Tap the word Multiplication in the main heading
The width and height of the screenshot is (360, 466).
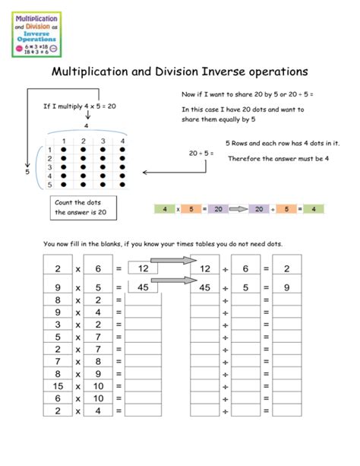[x=93, y=72]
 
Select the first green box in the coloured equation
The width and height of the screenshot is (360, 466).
[x=163, y=208]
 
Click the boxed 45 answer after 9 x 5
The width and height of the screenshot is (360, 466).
[x=143, y=287]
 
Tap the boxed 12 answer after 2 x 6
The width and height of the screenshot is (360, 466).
[x=143, y=268]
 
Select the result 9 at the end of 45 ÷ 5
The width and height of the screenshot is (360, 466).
[x=286, y=287]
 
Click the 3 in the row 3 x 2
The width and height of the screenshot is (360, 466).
[x=58, y=324]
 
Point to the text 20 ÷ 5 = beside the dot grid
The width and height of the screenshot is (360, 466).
[x=201, y=154]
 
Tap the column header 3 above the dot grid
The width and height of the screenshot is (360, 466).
[x=101, y=141]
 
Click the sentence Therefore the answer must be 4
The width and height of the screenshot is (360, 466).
[x=278, y=158]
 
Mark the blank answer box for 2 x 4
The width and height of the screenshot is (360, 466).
[x=143, y=411]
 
